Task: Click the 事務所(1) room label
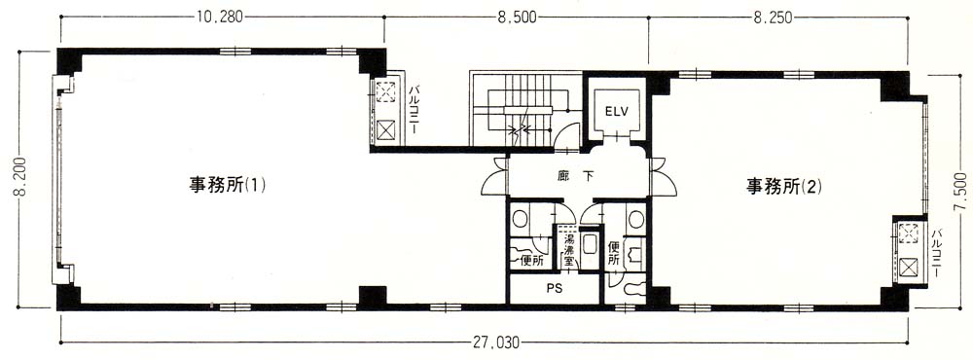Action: pos(227,186)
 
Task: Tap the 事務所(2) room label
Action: pos(783,186)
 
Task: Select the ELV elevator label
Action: pos(617,112)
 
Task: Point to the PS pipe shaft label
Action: pos(555,289)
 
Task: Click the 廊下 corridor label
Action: pos(576,176)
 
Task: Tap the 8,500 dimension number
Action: pos(517,18)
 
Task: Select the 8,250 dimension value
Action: pos(774,18)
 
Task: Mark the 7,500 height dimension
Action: pos(962,193)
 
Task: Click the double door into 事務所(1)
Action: pos(495,177)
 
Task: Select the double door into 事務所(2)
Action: pos(663,177)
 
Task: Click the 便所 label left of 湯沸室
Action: pos(532,261)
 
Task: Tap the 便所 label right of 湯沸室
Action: pos(614,253)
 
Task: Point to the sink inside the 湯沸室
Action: pos(590,246)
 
